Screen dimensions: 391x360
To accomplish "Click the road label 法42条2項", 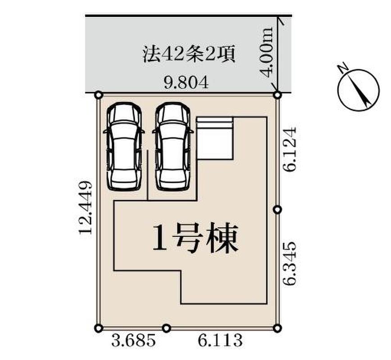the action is tap(189, 55).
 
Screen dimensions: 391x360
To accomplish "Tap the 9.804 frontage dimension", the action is tap(186, 83).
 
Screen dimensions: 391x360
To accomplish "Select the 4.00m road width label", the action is tap(267, 52).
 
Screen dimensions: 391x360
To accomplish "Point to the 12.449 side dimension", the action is tap(86, 207).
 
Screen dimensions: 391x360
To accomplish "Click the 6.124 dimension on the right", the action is tap(290, 149).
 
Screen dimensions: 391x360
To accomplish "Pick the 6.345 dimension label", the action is tap(290, 263).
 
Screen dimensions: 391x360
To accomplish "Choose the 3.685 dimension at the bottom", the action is tap(134, 341).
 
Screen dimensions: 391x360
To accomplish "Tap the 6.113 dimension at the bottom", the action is tap(220, 341).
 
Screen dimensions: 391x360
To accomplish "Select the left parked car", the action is tap(124, 147).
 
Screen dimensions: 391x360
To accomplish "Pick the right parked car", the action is tap(173, 147).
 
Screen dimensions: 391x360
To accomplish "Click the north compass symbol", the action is tap(358, 89).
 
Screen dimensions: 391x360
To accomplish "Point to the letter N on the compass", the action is tap(343, 68).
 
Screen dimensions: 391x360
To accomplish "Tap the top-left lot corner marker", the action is tap(99, 95).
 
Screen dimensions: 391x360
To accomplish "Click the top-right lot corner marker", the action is tap(277, 95).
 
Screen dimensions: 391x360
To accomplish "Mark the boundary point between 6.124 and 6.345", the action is tap(277, 210).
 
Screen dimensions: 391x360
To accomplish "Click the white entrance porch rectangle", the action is tap(215, 138).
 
